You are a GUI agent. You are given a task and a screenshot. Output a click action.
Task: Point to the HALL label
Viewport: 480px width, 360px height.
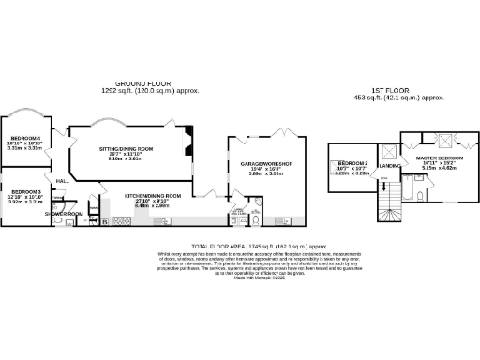[x=63, y=181]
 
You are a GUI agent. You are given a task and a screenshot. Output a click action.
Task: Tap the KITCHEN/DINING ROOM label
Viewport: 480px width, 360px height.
[x=153, y=195]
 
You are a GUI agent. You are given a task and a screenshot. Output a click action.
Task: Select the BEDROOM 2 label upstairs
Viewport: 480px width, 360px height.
[x=352, y=162]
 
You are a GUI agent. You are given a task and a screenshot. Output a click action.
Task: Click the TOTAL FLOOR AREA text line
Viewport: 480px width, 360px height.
[x=239, y=247]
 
